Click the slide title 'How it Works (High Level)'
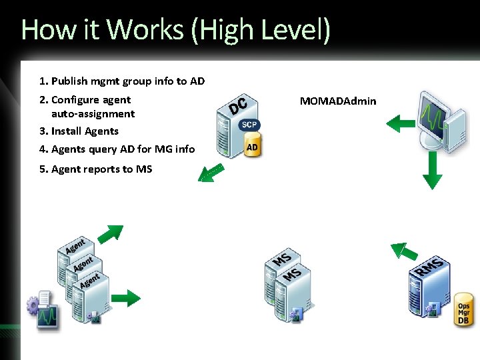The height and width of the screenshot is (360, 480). click(x=175, y=30)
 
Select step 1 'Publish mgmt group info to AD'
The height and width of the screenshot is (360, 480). click(x=121, y=81)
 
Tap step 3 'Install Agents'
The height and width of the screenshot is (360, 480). click(x=79, y=131)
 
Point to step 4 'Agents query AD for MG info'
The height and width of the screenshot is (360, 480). click(x=117, y=149)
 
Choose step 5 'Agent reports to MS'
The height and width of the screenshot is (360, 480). click(x=95, y=169)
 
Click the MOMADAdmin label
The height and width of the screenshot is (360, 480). click(x=337, y=101)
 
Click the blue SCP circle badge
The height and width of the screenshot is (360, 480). click(x=250, y=125)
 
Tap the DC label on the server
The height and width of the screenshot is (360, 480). click(x=239, y=105)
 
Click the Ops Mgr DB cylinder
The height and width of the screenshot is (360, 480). click(x=464, y=310)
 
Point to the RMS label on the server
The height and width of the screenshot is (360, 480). click(x=430, y=267)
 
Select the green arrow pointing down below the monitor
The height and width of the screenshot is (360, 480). click(x=433, y=170)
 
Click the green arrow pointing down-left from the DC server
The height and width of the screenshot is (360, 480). click(x=210, y=173)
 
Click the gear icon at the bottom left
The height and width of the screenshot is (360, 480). click(x=33, y=306)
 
